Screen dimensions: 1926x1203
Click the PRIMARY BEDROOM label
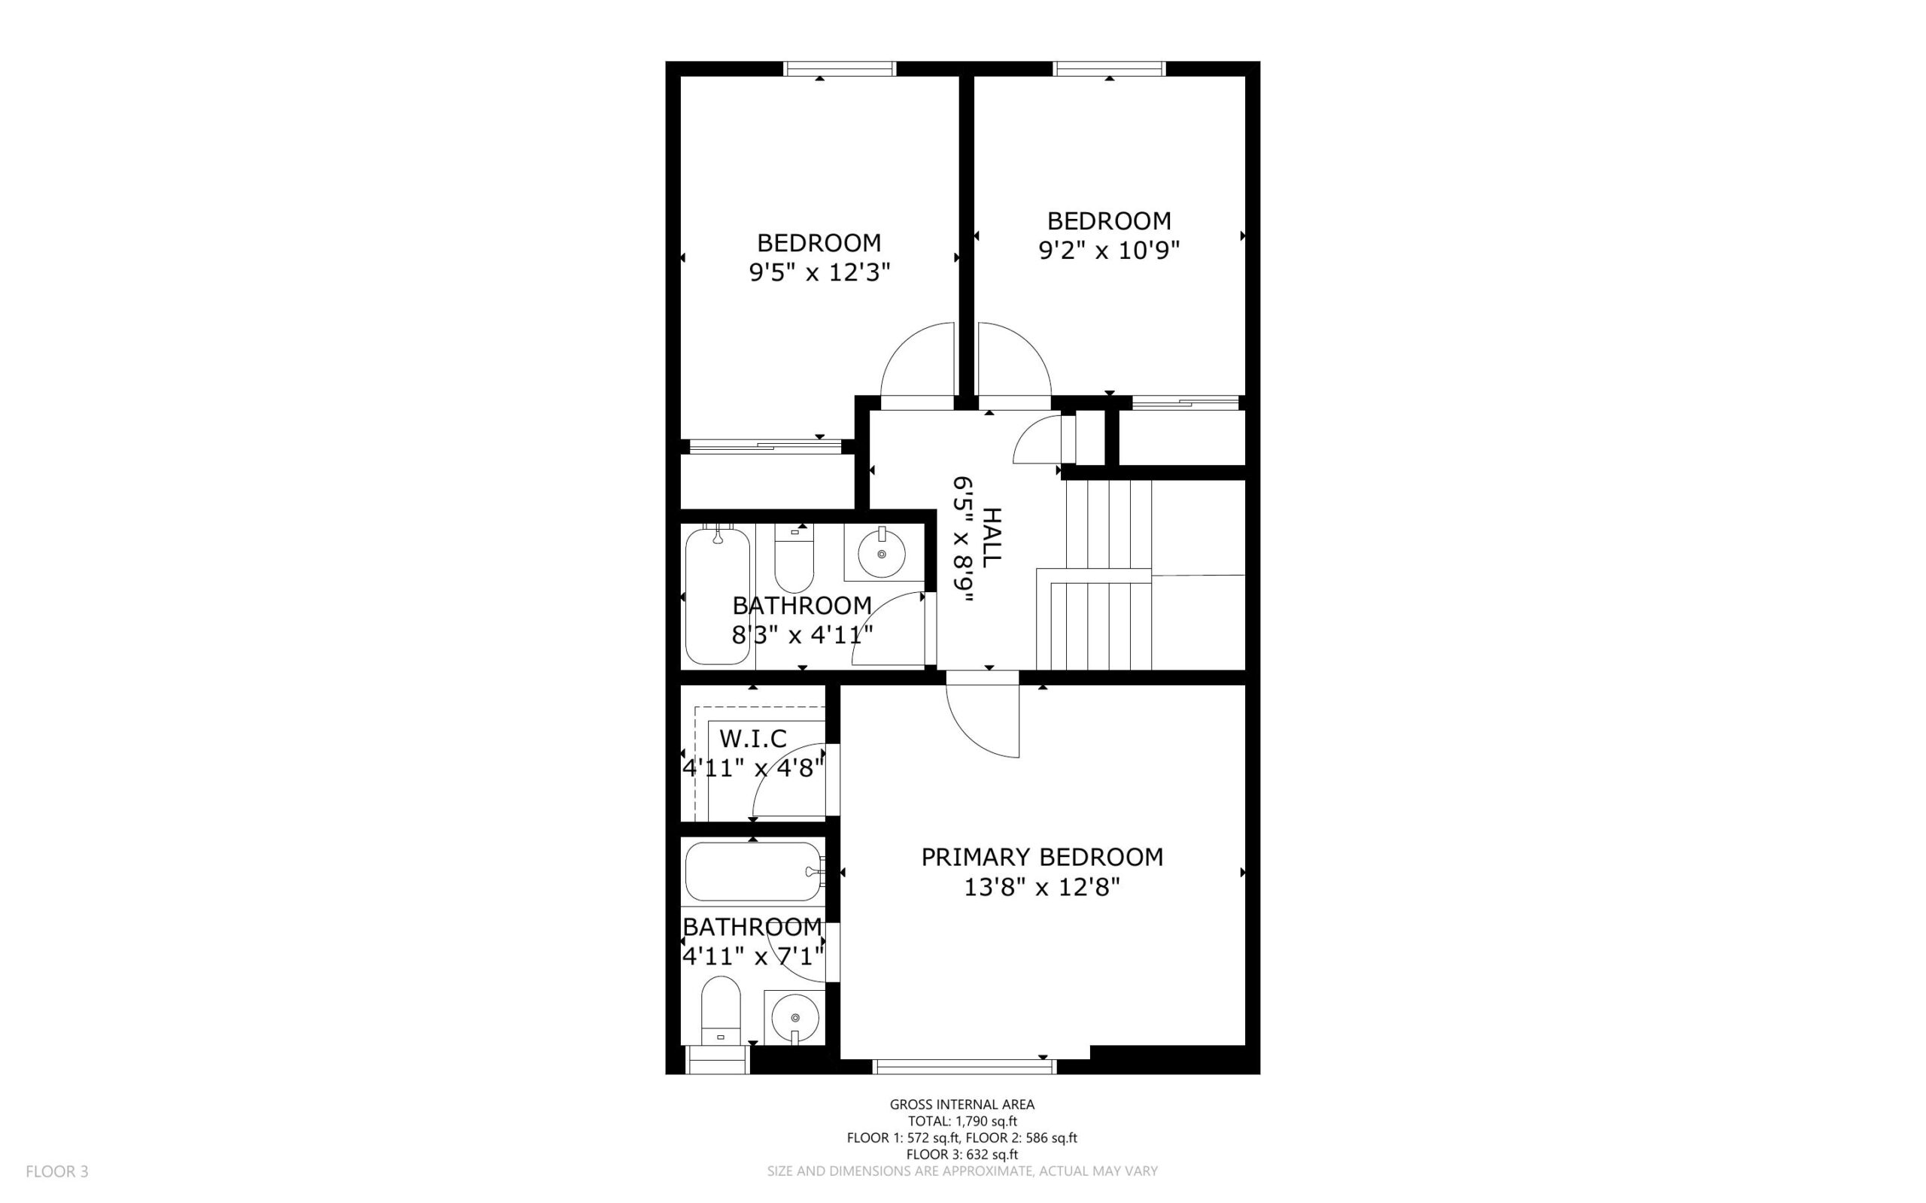click(1042, 857)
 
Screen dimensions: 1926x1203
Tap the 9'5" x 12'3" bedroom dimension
click(819, 273)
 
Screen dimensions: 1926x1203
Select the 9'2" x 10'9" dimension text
click(1109, 251)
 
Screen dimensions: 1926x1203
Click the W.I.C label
click(753, 738)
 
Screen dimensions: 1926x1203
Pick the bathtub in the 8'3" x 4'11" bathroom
click(717, 594)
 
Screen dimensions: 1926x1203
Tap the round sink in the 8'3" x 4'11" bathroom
click(882, 554)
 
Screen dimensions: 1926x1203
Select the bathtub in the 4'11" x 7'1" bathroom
click(753, 871)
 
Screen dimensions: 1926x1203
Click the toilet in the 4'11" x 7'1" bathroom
click(721, 1010)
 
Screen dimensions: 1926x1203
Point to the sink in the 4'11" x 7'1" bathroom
click(794, 1017)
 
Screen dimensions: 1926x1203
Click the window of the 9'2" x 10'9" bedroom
click(1110, 69)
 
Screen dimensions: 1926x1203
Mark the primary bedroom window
click(965, 1066)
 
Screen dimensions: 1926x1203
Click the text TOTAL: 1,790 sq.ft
click(962, 1121)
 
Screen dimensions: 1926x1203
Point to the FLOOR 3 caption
click(57, 1171)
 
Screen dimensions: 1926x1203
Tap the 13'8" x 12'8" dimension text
click(1042, 887)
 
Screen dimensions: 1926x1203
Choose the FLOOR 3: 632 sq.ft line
click(962, 1153)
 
